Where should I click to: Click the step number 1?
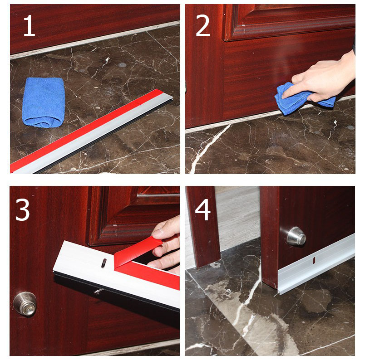[x=29, y=25]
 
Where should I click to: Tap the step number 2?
[x=203, y=25]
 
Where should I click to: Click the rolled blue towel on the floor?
[x=43, y=102]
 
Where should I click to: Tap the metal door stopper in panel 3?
[x=25, y=304]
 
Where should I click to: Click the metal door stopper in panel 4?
[x=296, y=236]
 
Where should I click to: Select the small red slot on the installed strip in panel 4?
[x=314, y=260]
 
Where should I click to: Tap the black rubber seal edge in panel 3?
[x=116, y=294]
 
